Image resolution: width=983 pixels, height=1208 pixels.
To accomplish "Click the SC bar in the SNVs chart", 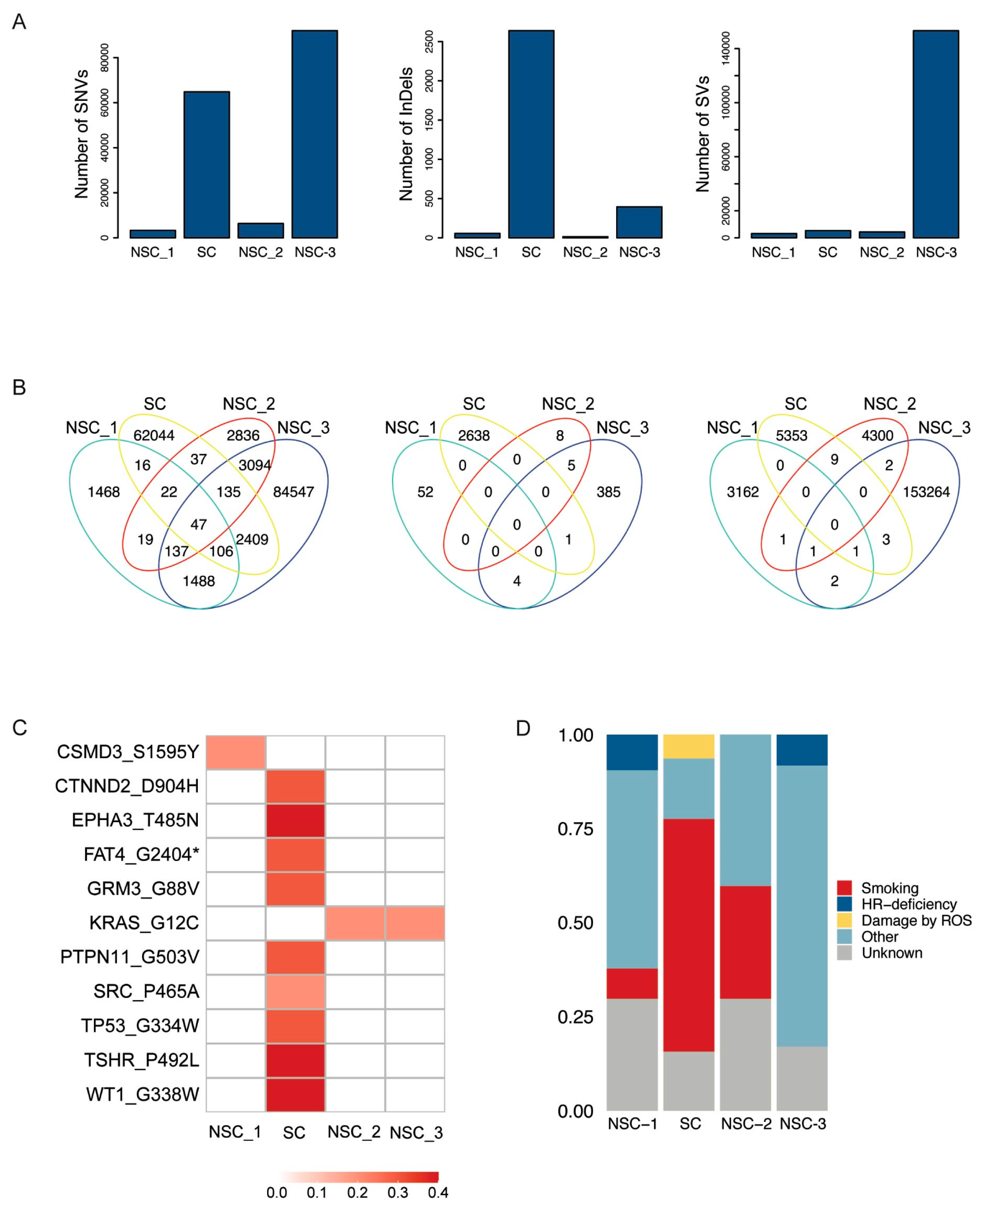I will point(207,164).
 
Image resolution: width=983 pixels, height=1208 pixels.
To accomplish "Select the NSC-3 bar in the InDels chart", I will point(639,222).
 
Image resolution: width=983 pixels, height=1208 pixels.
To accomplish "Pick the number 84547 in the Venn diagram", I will point(293,492).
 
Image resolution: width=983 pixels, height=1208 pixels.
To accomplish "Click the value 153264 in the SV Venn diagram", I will point(926,492).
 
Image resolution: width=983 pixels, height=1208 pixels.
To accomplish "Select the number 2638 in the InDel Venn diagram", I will point(474,436).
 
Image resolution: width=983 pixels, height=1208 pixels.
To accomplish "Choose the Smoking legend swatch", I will point(844,888).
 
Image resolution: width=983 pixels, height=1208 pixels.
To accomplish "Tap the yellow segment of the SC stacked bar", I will point(689,747).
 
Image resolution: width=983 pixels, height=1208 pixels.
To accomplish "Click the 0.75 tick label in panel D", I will point(575,829).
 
